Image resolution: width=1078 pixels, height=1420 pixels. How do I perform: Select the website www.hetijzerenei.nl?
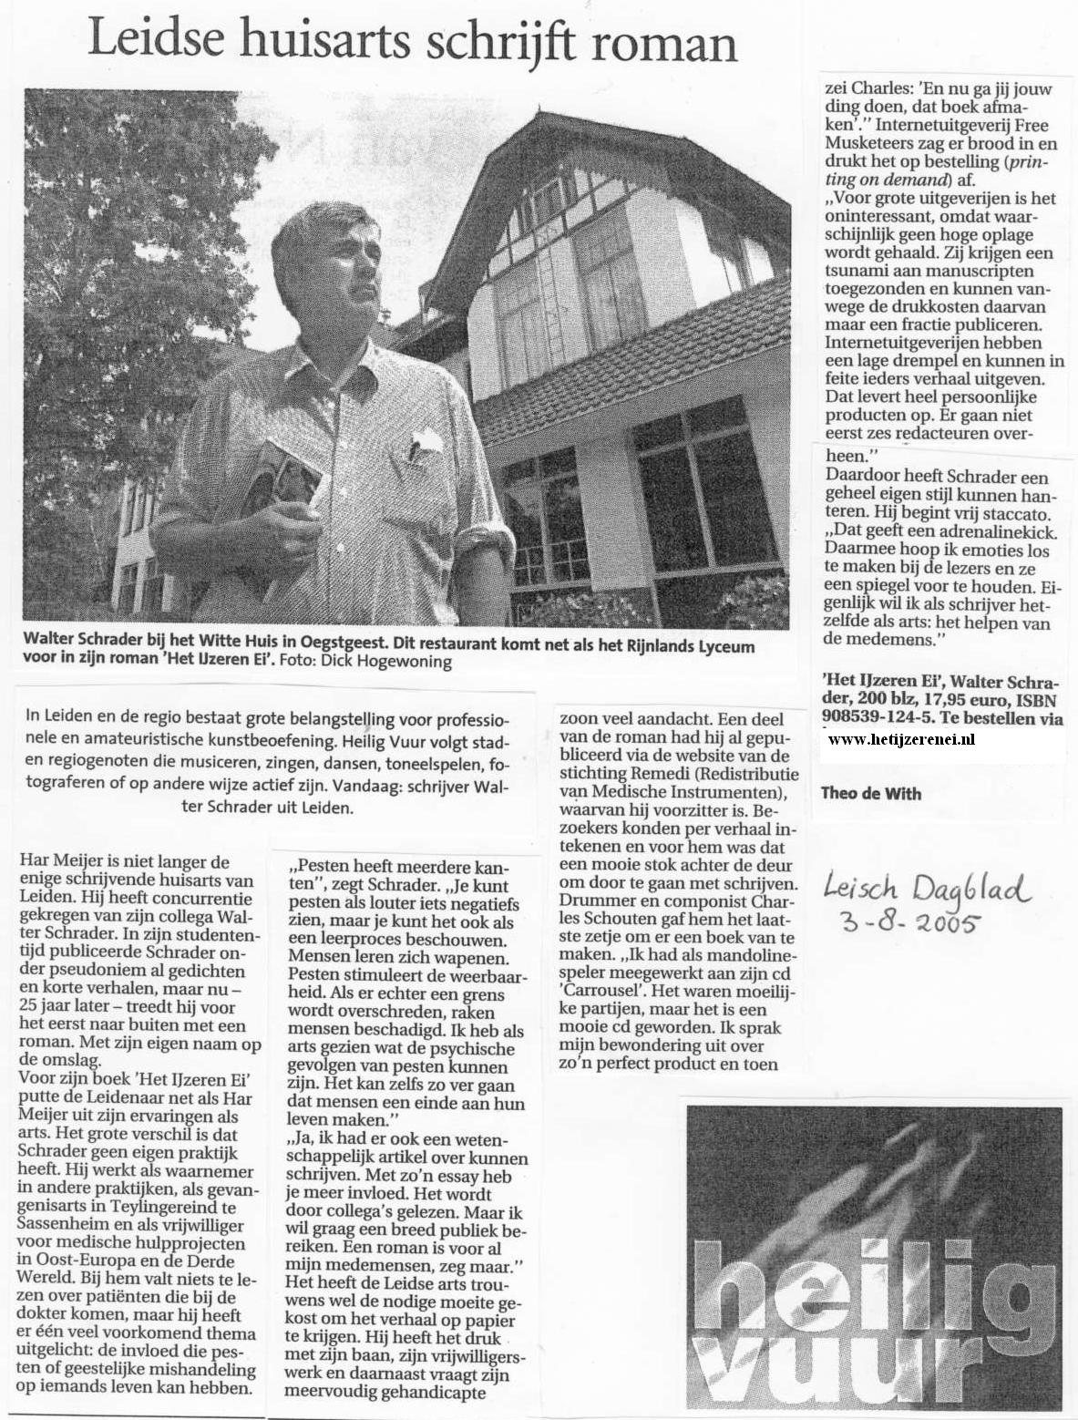coord(902,739)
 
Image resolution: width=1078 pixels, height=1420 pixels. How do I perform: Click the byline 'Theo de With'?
coord(871,793)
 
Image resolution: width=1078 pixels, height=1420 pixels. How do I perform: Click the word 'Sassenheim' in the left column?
coord(65,1226)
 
